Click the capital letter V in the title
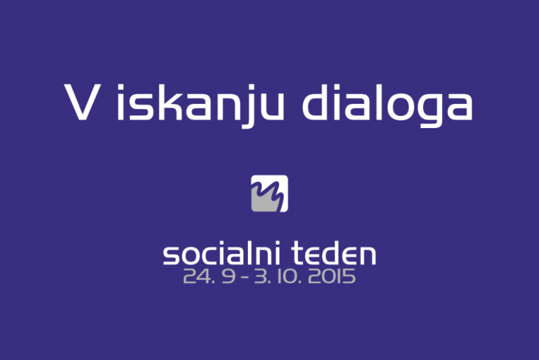pos(82,102)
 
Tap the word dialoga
pos(387,106)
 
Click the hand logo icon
pos(269,193)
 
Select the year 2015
pos(331,276)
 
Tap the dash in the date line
pos(245,277)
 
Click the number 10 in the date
pos(288,276)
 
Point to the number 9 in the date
pos(228,276)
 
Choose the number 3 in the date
pos(261,276)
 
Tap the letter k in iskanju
pos(169,102)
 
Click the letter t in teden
pos(298,253)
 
